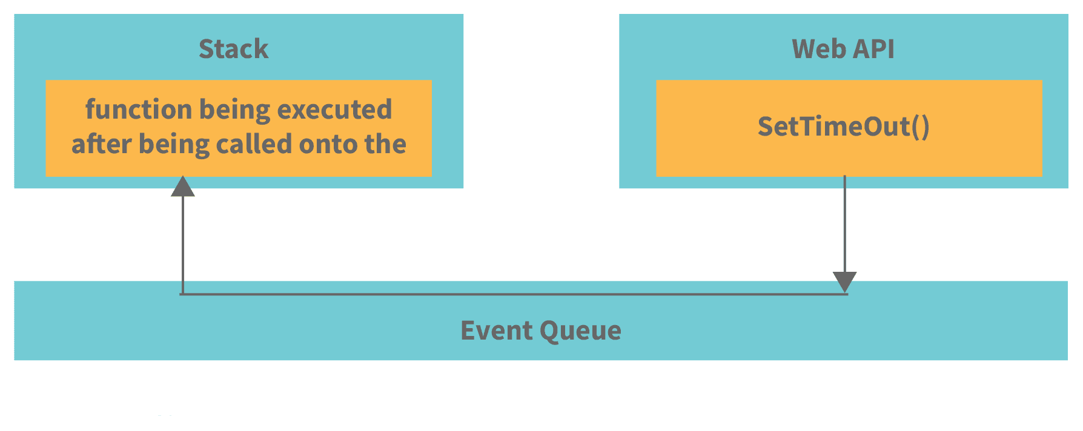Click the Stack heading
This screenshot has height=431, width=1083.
[x=233, y=49]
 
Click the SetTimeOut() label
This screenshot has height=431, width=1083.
[x=843, y=127]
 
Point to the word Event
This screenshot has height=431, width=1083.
[x=495, y=331]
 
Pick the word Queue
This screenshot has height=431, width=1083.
[x=580, y=331]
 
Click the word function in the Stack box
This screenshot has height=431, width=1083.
[x=139, y=110]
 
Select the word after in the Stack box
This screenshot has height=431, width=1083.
[x=101, y=145]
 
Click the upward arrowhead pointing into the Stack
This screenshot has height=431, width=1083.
[x=182, y=187]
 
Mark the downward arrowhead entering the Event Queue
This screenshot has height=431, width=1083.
[x=844, y=281]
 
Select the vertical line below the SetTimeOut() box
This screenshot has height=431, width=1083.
[x=844, y=224]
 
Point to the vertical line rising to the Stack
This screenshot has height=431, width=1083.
[x=182, y=242]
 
